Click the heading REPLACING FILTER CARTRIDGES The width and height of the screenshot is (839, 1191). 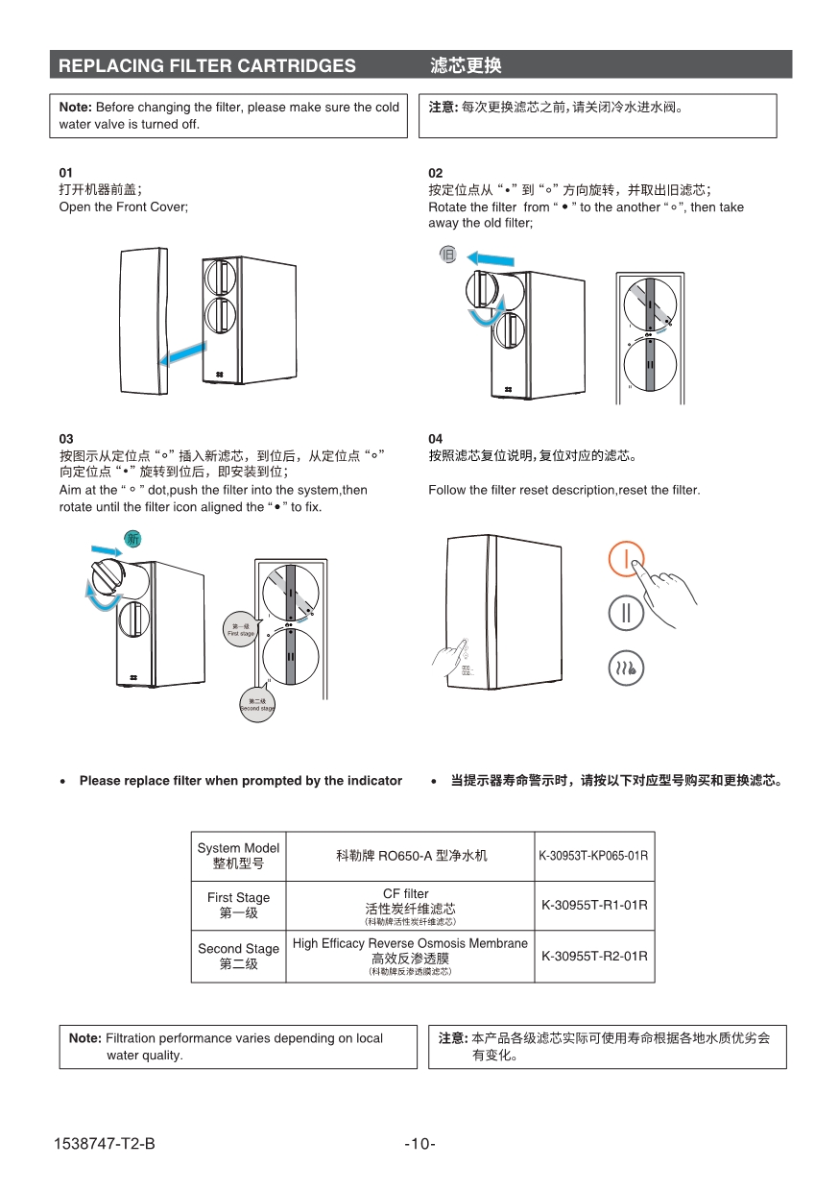click(x=207, y=65)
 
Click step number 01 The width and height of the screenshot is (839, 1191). click(x=66, y=173)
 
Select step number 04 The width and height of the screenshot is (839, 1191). click(x=436, y=439)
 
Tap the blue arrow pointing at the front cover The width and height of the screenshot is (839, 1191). click(x=182, y=354)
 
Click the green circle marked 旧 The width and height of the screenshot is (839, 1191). click(x=447, y=254)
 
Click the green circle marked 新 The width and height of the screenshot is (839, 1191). click(x=133, y=539)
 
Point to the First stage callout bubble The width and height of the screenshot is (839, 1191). click(x=240, y=630)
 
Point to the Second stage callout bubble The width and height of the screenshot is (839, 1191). click(x=256, y=705)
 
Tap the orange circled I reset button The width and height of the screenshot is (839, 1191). click(x=626, y=558)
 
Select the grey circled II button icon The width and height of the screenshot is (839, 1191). click(x=626, y=614)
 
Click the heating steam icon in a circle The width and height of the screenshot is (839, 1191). click(x=626, y=668)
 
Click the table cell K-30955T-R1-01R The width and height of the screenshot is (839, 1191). click(x=594, y=905)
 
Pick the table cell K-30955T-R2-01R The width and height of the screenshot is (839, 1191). click(x=594, y=956)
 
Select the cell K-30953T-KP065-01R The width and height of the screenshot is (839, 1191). click(x=594, y=855)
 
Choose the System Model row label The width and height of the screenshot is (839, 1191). click(x=238, y=855)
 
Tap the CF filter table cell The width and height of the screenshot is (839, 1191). click(x=410, y=905)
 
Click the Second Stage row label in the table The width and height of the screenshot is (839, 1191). click(x=238, y=956)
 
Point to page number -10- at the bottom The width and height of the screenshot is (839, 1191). click(x=419, y=1143)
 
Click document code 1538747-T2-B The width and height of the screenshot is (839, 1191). click(x=105, y=1143)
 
